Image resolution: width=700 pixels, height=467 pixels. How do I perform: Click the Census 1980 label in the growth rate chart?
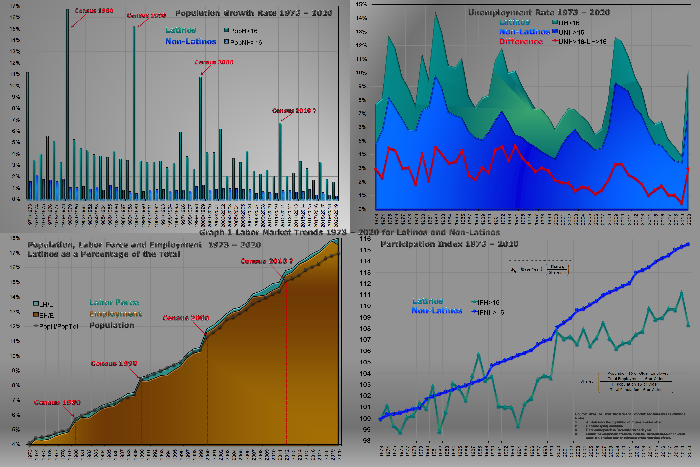point(94,11)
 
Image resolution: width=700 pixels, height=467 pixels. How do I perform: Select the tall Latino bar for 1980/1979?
point(67,104)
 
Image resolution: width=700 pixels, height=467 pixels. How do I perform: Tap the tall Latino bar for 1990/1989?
point(134,113)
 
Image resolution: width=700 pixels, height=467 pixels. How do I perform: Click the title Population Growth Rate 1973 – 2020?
point(254,13)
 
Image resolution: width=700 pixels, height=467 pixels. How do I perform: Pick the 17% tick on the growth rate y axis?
point(15,6)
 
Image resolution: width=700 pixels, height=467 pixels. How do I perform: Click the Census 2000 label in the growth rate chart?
point(214,62)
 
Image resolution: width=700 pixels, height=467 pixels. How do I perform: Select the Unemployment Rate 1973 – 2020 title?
point(539,13)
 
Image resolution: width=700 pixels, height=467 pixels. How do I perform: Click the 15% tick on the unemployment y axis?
point(361,4)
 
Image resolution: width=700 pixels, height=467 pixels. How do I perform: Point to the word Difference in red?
point(521,41)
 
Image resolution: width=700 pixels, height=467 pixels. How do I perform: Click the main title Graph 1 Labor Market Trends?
point(349,232)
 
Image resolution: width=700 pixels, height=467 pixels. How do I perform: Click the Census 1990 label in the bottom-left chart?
point(114,363)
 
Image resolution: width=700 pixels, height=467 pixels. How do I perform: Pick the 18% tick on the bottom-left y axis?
point(15,238)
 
